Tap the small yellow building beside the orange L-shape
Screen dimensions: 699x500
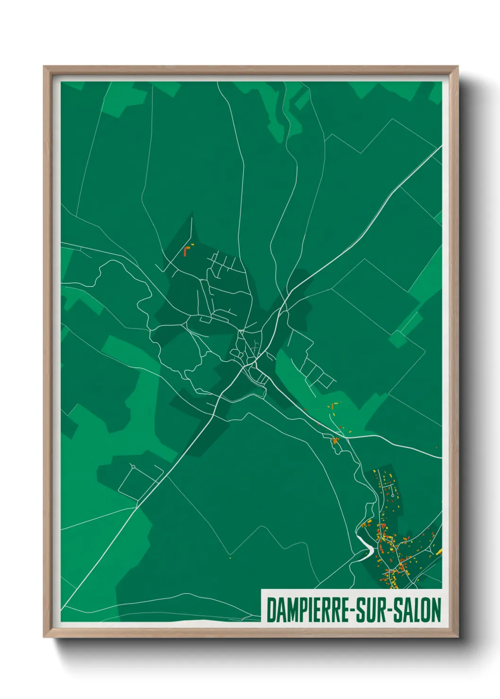point(192,244)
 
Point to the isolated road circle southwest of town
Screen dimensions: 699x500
point(133,466)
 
